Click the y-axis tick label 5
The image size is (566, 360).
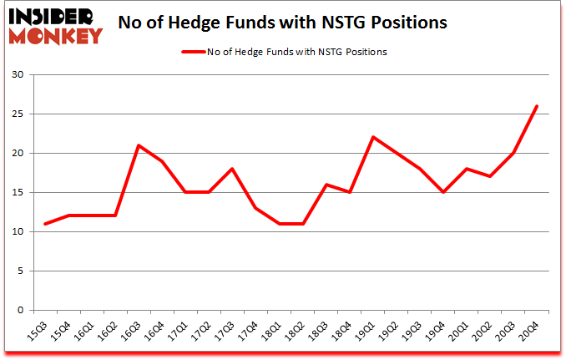20,271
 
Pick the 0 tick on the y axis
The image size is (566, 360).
20,311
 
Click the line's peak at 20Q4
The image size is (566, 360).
537,106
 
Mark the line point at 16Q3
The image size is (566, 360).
139,145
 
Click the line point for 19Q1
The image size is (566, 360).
373,137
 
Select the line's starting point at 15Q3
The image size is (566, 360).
45,224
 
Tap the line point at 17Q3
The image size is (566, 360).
232,169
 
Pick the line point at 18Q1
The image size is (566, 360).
280,224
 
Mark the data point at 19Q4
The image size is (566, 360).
443,192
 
